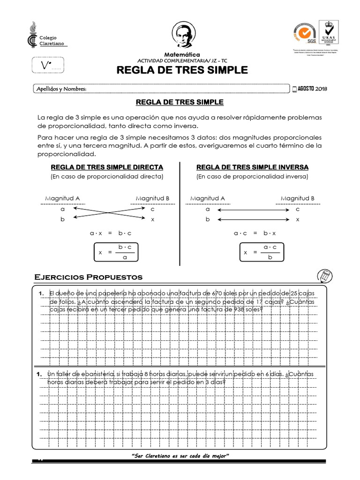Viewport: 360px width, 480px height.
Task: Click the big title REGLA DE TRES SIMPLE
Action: coord(181,70)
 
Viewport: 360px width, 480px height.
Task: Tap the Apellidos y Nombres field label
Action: coord(61,89)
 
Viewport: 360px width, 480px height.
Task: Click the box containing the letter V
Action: coord(49,66)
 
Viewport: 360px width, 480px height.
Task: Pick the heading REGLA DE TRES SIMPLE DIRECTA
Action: coord(107,167)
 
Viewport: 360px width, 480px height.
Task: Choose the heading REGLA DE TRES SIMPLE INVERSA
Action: coord(252,167)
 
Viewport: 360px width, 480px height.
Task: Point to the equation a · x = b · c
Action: coord(111,232)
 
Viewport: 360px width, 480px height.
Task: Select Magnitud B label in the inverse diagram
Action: coord(298,198)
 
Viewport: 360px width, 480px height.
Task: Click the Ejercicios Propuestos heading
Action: coord(89,277)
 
